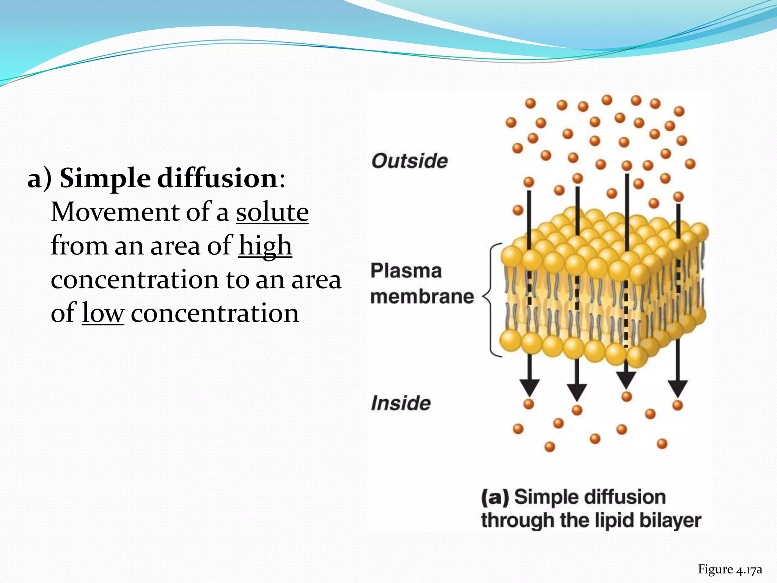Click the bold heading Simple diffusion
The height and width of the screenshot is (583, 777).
(x=169, y=178)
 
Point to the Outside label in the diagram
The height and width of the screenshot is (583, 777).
(x=409, y=161)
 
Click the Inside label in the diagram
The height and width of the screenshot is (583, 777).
(x=401, y=403)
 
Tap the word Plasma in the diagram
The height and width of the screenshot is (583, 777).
(x=406, y=271)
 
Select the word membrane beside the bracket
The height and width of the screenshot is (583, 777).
(x=422, y=296)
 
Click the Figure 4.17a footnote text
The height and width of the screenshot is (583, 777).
(x=730, y=569)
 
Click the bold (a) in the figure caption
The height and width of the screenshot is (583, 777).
(x=495, y=497)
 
